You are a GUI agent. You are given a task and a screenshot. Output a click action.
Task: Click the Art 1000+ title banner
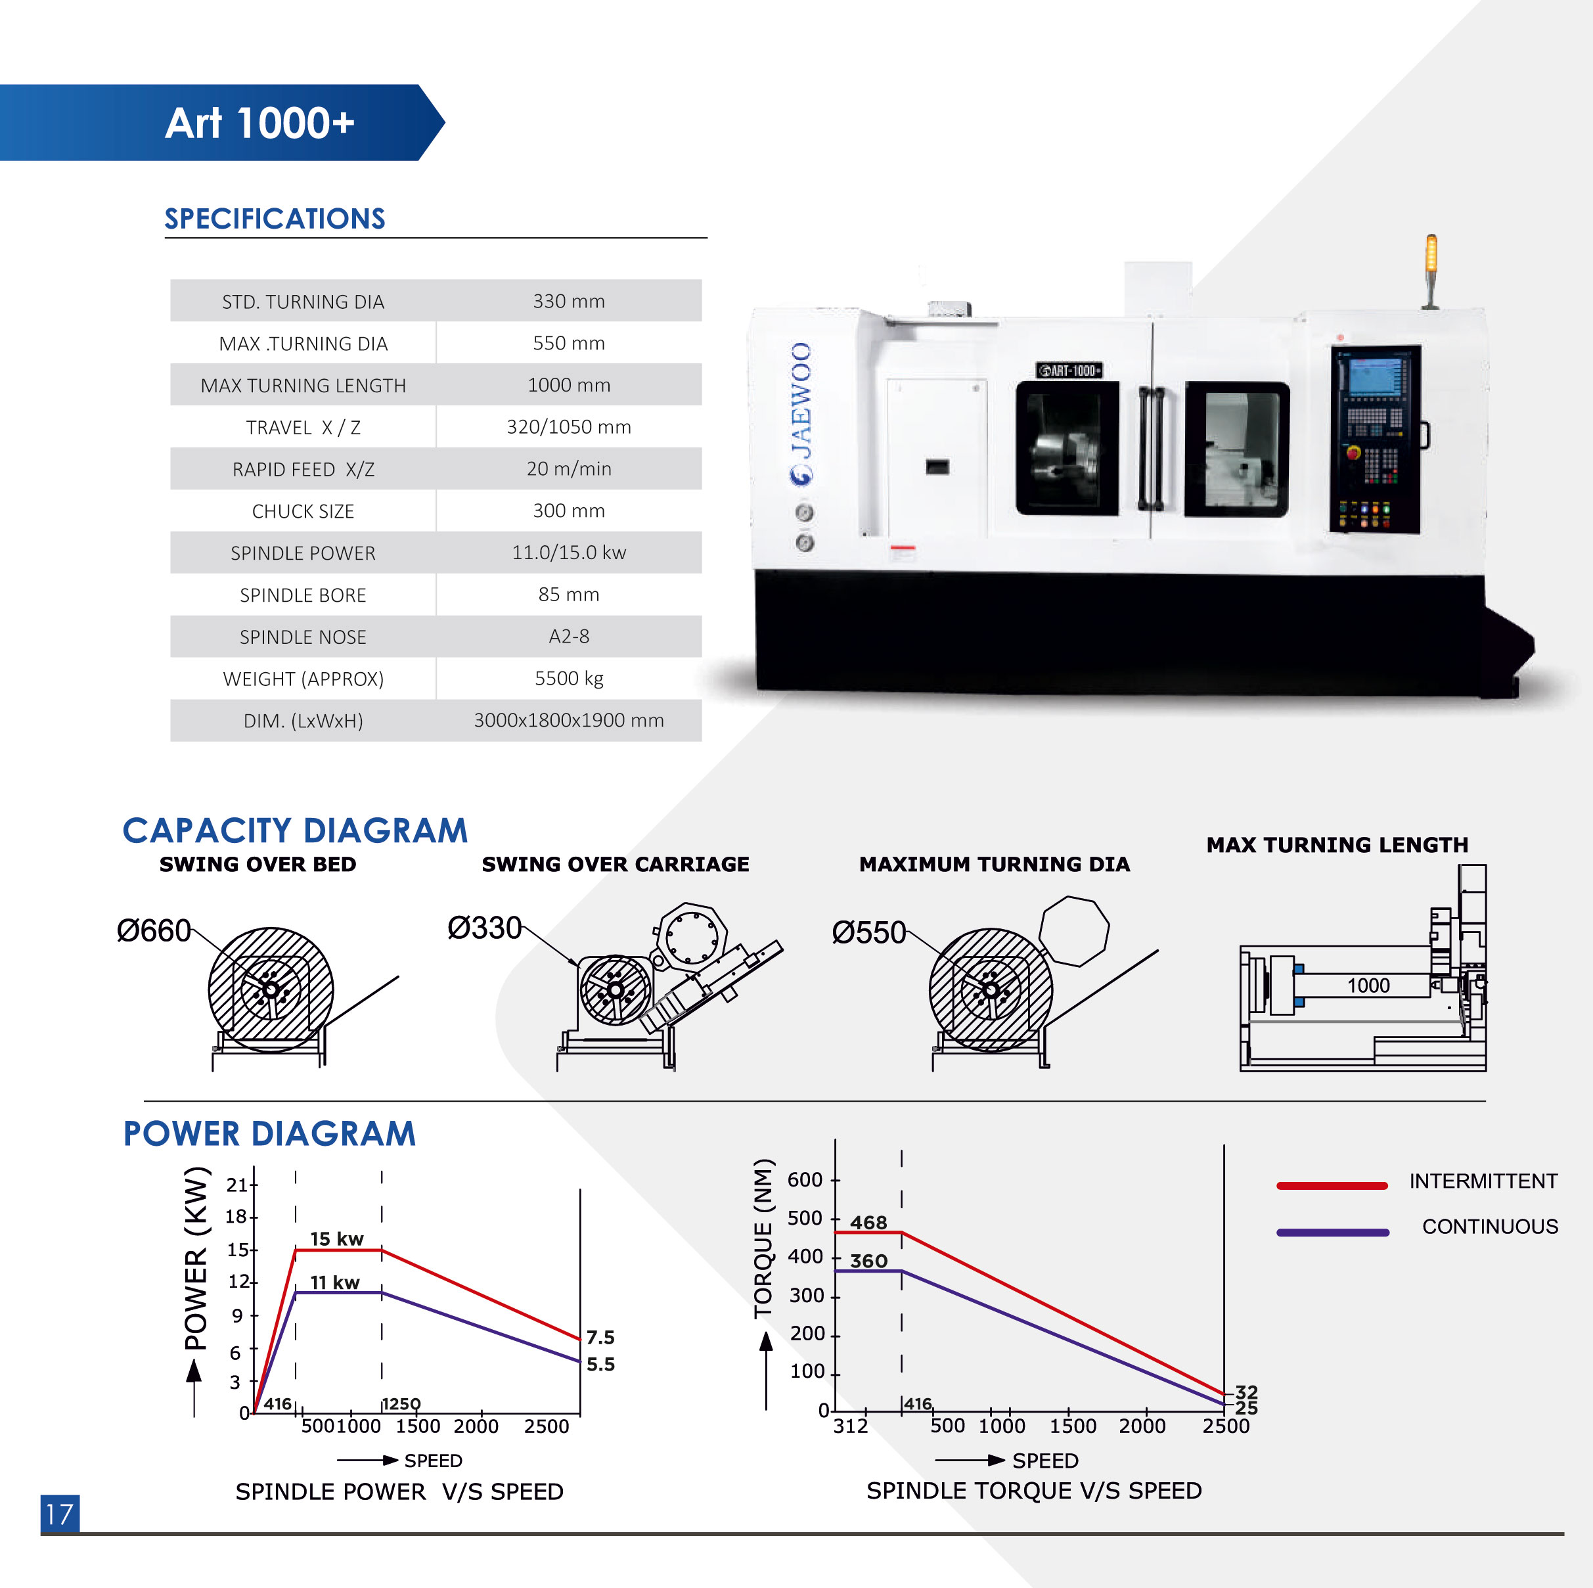click(x=223, y=122)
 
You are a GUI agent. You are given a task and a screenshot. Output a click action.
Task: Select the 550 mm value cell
click(x=569, y=343)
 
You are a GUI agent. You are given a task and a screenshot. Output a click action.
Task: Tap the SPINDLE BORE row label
click(x=303, y=595)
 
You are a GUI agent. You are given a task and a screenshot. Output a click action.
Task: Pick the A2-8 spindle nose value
click(x=569, y=637)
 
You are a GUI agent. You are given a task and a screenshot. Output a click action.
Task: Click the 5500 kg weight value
click(x=569, y=679)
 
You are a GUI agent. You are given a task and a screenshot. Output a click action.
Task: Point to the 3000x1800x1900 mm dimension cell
click(x=569, y=721)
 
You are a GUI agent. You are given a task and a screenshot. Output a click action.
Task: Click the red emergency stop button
click(x=1353, y=452)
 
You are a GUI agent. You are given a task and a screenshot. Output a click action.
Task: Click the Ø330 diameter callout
click(x=484, y=928)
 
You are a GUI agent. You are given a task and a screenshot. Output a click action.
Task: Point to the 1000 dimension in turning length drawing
click(x=1369, y=986)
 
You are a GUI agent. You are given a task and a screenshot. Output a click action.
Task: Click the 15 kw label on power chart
click(x=336, y=1238)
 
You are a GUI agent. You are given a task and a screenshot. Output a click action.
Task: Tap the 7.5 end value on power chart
click(x=600, y=1336)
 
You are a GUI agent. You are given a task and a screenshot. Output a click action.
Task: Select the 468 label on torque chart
click(x=869, y=1222)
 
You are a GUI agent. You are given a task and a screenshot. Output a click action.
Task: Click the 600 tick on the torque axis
click(x=805, y=1180)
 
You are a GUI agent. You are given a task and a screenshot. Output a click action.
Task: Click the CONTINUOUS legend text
click(x=1490, y=1226)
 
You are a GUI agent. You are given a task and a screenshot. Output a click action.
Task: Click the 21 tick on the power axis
click(x=237, y=1185)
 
